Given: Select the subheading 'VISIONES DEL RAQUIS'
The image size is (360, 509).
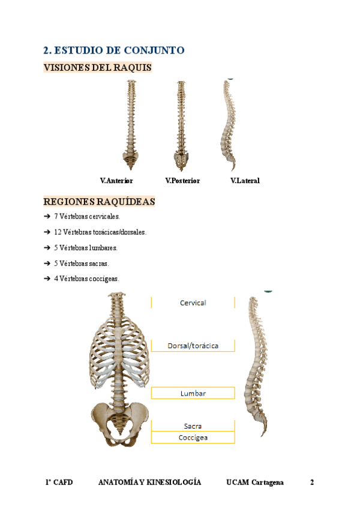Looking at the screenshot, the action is (97, 68).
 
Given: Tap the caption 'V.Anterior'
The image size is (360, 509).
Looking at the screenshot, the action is (116, 181).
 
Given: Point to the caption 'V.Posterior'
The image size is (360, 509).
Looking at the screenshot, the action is (182, 181).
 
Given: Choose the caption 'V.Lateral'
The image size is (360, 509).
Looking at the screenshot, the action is (245, 181).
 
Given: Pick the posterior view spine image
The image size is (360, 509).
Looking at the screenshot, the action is (182, 125).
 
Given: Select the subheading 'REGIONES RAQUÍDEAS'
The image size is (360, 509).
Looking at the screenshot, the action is (99, 202).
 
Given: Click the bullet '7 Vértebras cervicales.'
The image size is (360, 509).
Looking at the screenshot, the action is (87, 217).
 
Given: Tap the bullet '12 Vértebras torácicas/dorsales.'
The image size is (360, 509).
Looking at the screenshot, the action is (100, 232).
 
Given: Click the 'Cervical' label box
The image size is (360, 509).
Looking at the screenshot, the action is (193, 303).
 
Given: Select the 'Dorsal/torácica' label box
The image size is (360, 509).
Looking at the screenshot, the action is (193, 346).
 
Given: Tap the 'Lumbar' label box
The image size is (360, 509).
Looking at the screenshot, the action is (193, 393).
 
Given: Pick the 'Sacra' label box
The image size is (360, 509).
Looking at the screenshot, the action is (193, 426).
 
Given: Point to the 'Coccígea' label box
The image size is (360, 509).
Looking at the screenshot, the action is (193, 438).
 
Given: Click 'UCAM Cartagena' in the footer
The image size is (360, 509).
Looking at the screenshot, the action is (255, 483).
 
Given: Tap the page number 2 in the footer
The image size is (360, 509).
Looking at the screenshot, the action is (312, 483).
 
